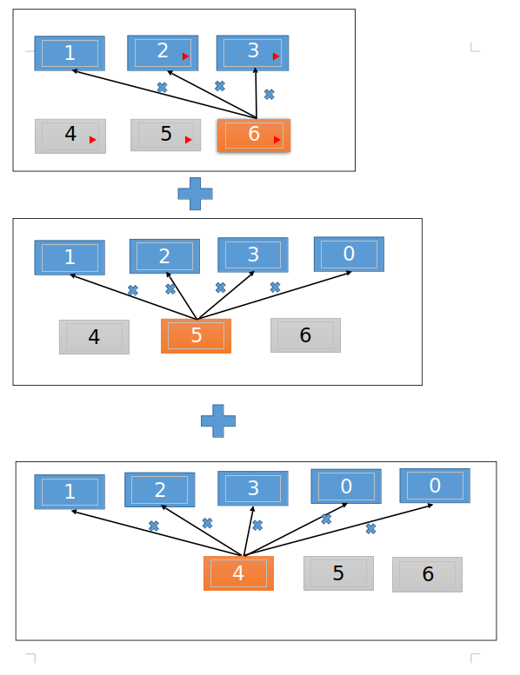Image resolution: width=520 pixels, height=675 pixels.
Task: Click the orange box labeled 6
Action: [253, 136]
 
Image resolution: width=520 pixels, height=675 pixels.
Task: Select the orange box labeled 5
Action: [196, 336]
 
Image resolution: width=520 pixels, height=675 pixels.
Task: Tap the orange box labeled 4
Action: [238, 573]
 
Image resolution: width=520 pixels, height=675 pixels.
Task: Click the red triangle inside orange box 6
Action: [276, 139]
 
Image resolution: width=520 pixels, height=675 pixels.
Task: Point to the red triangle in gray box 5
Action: [188, 139]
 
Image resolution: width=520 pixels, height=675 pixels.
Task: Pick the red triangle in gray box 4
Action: [92, 139]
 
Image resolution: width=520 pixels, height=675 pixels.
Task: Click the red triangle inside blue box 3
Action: [276, 56]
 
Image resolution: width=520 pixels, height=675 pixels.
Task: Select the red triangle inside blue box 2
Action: [185, 56]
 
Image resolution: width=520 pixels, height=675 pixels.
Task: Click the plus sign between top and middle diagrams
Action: [195, 193]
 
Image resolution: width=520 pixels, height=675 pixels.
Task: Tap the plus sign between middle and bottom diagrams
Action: [218, 421]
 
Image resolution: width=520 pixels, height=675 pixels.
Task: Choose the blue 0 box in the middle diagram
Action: [349, 255]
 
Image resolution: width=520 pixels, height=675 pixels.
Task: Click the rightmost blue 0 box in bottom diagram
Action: [435, 486]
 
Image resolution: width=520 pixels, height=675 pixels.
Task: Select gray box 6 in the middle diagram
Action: [305, 335]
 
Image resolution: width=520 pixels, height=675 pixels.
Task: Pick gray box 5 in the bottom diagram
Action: [338, 573]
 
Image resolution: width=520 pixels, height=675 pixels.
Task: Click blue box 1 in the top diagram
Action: [70, 53]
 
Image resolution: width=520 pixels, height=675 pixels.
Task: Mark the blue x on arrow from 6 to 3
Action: [269, 94]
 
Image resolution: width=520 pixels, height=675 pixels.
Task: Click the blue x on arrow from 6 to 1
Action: [162, 87]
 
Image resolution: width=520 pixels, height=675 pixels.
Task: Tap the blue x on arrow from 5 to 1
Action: [133, 290]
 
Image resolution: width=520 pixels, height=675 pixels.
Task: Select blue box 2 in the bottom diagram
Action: [160, 490]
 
